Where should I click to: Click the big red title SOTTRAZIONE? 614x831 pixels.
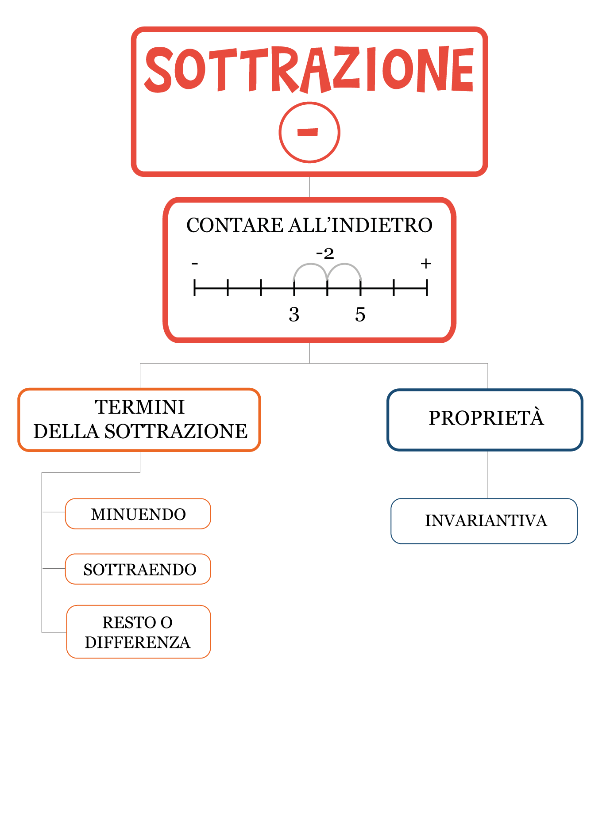click(x=309, y=70)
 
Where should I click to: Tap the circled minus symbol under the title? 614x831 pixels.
click(x=309, y=132)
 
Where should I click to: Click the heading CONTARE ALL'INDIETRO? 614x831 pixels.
click(x=309, y=225)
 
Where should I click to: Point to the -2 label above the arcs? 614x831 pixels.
click(x=325, y=254)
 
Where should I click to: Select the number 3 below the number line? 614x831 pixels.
click(x=294, y=314)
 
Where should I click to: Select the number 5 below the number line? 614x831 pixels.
click(x=360, y=314)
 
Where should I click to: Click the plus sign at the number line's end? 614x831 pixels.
click(x=425, y=264)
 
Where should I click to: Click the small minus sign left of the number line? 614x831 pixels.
click(x=194, y=264)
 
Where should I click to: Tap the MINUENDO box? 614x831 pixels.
click(x=138, y=514)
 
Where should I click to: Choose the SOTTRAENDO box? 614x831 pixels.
click(x=138, y=569)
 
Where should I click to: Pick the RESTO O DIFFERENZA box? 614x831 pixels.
click(x=138, y=632)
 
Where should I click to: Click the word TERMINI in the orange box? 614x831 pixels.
click(x=140, y=407)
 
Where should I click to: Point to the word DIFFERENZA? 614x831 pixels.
click(x=138, y=642)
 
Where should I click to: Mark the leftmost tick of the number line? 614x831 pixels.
click(x=194, y=288)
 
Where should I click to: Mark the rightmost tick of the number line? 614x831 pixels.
click(x=427, y=288)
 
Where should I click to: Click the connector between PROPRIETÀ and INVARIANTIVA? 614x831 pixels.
click(x=488, y=475)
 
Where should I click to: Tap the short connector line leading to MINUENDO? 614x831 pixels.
click(x=54, y=512)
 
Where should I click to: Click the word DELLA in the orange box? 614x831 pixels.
click(x=66, y=431)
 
